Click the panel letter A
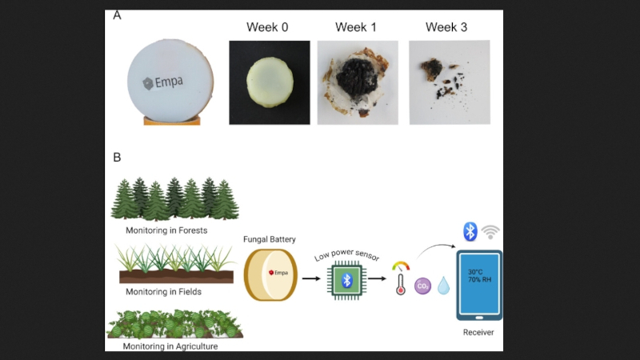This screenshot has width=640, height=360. (x=118, y=15)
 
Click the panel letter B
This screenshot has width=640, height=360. (x=118, y=158)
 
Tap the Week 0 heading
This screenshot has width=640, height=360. (x=267, y=27)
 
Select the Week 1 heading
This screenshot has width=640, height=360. (x=356, y=27)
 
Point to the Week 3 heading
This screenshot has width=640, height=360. (x=446, y=27)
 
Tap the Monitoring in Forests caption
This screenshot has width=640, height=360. (x=166, y=230)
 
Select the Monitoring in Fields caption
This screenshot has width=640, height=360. (x=162, y=291)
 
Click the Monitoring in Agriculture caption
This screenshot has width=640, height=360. (x=170, y=346)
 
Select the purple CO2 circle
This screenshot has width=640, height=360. (x=423, y=286)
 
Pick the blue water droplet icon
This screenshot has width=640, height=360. (x=443, y=285)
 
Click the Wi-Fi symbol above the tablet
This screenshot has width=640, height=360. (x=491, y=232)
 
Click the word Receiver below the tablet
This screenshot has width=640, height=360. (x=479, y=330)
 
